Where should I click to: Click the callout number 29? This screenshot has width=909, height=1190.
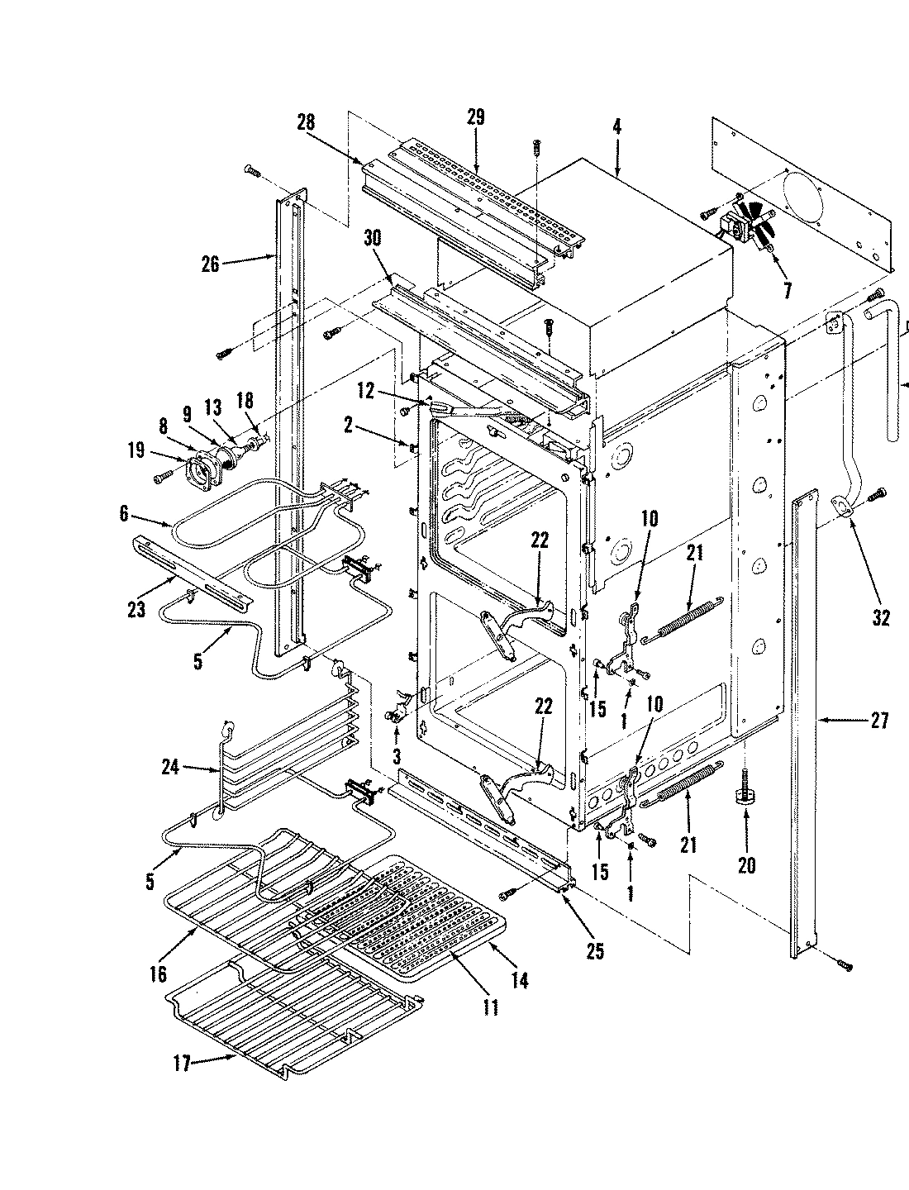click(x=475, y=117)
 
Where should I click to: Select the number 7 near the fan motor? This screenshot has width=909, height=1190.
click(x=787, y=290)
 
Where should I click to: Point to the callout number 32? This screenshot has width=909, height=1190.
click(x=881, y=616)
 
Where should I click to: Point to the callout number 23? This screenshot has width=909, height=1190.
click(x=136, y=610)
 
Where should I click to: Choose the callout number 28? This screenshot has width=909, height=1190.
click(x=305, y=122)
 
